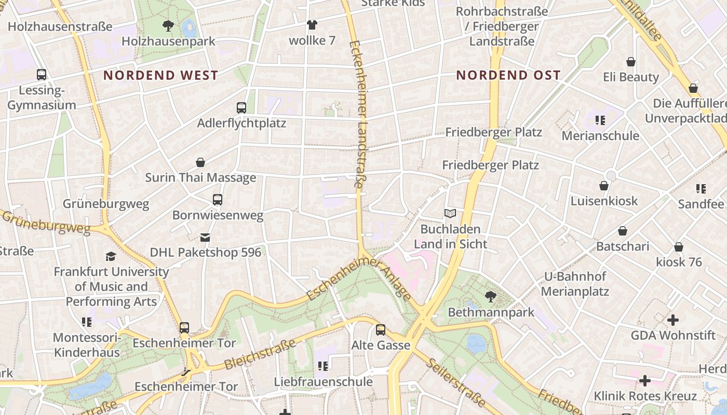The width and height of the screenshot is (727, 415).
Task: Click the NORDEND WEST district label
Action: tap(160, 75)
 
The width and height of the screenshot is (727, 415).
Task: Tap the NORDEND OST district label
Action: tap(508, 75)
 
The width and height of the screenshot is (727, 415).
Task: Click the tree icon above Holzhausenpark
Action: tap(168, 25)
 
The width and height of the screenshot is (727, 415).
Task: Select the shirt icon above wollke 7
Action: tap(312, 24)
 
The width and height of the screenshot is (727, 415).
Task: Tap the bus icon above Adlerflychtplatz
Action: tap(241, 108)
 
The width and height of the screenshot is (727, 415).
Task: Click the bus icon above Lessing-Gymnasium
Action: tap(42, 75)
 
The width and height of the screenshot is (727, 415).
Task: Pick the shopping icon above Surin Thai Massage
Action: tap(200, 162)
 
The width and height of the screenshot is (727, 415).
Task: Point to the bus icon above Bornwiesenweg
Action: tap(218, 200)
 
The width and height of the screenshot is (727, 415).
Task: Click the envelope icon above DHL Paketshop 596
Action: tap(205, 238)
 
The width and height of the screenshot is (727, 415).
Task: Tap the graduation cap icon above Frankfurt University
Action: tap(111, 256)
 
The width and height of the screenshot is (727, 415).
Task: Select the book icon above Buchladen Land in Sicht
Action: tap(450, 213)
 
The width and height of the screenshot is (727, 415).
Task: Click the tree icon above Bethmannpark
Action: tap(490, 297)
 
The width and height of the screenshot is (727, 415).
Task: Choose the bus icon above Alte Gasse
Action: tap(381, 330)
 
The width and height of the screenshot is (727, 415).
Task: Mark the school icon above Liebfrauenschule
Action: tap(323, 366)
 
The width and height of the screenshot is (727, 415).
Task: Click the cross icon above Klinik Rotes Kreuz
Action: tap(645, 381)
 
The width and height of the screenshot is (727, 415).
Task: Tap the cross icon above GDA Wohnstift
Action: tap(673, 320)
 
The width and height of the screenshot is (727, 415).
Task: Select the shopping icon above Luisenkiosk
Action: tap(604, 186)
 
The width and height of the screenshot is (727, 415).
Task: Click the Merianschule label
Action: tap(600, 136)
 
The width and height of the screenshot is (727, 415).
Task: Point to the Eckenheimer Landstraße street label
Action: tap(358, 114)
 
